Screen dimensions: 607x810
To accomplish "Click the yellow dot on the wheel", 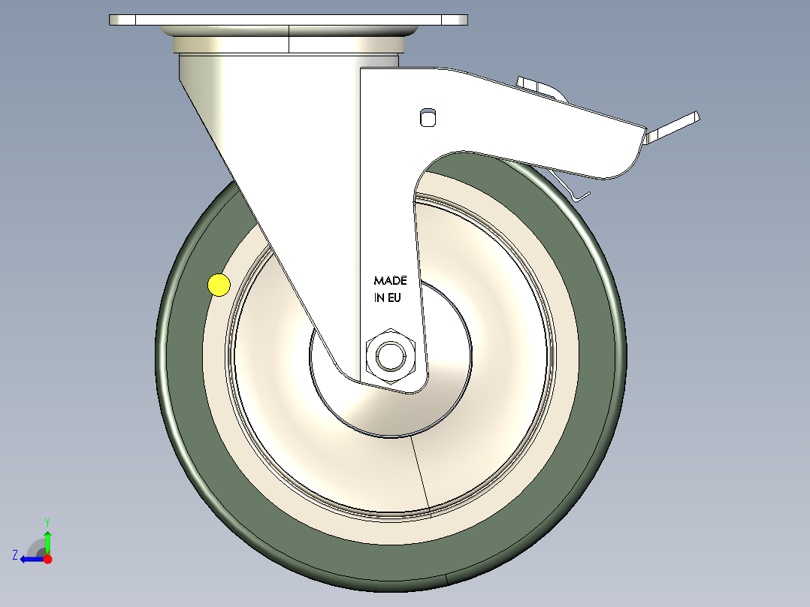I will click(218, 285).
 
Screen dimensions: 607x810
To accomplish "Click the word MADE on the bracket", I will click(390, 281).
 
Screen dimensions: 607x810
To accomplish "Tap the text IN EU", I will click(387, 297).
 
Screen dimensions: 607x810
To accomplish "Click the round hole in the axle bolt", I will click(389, 355).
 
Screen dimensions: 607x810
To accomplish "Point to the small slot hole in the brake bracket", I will click(428, 116).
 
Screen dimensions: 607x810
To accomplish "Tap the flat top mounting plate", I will click(288, 20).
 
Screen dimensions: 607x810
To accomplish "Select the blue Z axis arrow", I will click(30, 559).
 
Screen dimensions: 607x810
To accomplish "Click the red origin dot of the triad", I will click(47, 559).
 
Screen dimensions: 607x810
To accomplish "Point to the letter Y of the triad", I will click(47, 521).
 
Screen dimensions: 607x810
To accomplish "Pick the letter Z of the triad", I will click(15, 555).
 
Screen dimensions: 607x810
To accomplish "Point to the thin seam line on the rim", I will click(421, 473).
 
